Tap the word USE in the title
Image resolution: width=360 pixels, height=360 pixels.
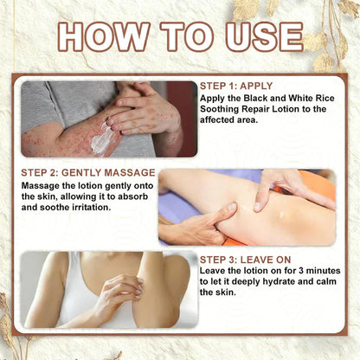click(x=264, y=36)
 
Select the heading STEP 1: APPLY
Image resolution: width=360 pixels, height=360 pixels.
click(x=236, y=86)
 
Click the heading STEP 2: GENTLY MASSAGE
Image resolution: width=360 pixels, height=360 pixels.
click(x=88, y=172)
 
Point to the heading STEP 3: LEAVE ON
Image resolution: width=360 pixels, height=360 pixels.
click(x=246, y=260)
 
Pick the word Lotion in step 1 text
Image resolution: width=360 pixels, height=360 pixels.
click(x=287, y=109)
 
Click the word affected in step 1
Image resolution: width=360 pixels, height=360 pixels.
click(x=217, y=119)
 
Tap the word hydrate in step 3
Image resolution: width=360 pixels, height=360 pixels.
click(x=278, y=282)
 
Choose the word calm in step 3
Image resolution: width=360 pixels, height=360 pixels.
click(x=325, y=281)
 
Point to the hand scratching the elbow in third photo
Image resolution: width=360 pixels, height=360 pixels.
click(x=123, y=292)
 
